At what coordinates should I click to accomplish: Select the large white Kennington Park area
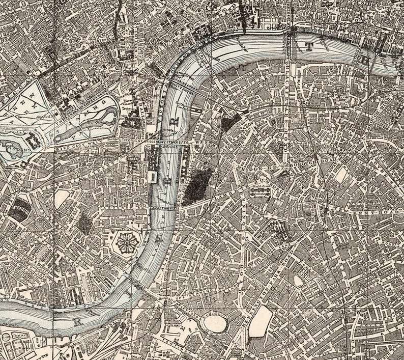(x=261, y=320)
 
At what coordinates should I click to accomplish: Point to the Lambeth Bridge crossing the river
(x=164, y=208)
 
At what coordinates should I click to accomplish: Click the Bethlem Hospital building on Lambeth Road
(x=259, y=191)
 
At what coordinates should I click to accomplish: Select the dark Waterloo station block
(x=229, y=123)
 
